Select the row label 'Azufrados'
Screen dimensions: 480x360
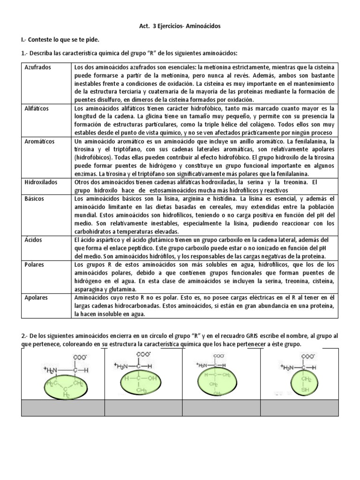coord(38,67)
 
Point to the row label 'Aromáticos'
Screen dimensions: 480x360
coord(40,141)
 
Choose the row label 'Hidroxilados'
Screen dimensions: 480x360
coord(41,182)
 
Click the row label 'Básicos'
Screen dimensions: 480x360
coord(35,199)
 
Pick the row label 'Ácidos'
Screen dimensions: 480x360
coord(34,240)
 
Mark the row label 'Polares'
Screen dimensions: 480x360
coord(35,264)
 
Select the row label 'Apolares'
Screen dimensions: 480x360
coord(37,297)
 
